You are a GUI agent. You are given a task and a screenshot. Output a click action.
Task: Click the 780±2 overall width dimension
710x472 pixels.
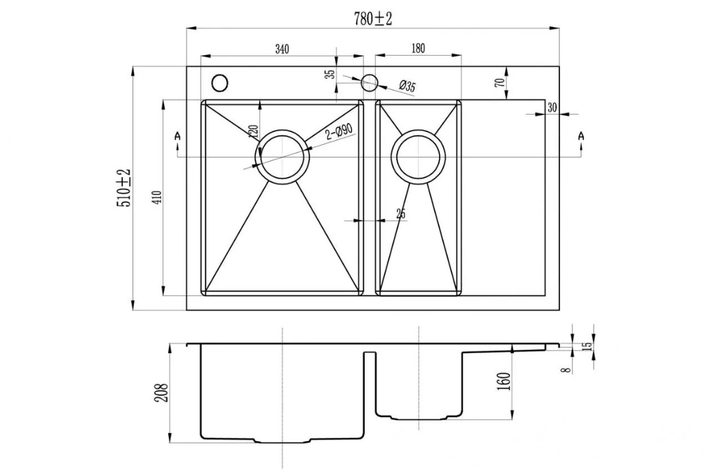pos(372,19)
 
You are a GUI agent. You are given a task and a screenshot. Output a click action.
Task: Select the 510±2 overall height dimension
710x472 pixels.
pos(124,188)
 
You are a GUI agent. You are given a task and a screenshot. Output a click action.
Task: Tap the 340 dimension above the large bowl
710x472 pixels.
pos(282,48)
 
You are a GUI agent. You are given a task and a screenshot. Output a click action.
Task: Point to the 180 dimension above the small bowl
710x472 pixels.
pos(418,48)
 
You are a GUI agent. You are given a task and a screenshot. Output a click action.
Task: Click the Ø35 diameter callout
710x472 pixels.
pos(407,85)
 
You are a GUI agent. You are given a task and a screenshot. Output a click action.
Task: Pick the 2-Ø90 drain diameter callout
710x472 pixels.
pos(339,133)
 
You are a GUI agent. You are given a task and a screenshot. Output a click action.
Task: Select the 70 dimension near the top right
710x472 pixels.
pos(500,83)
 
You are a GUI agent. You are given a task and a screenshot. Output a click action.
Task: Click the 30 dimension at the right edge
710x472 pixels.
pos(552,107)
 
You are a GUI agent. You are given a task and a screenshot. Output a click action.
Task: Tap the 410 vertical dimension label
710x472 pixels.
pos(157,197)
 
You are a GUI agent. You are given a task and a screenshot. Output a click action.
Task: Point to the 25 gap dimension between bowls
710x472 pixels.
pos(401,214)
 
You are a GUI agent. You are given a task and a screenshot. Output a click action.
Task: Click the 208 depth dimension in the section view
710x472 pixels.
pos(162,392)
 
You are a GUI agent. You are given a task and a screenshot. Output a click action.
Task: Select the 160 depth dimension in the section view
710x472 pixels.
pos(505,381)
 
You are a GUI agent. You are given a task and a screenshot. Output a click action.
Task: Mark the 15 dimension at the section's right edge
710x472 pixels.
pos(586,346)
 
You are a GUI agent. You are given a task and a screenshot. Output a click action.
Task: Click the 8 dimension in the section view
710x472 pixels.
pos(565,370)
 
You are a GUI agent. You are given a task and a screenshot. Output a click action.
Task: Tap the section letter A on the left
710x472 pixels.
pos(177,136)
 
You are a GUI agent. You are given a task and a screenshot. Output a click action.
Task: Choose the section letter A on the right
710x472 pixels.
pos(581,136)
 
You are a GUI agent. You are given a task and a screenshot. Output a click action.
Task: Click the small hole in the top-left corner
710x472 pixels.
pos(220,83)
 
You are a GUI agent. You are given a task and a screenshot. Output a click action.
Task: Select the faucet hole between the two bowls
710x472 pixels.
pos(369,83)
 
